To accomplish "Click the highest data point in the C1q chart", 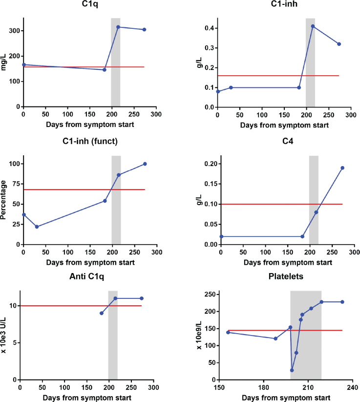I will coord(118,27).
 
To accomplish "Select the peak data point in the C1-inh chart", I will coord(313,26).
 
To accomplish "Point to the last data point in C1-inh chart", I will coord(339,44).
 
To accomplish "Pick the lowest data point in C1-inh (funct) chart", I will coord(37,227).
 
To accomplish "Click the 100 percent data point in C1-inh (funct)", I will coord(145,164).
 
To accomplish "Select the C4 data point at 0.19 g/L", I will coord(342,168).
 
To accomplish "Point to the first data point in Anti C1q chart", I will coord(102,313).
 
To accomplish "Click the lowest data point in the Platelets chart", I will coord(292,370).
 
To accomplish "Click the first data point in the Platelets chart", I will coord(228,332).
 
